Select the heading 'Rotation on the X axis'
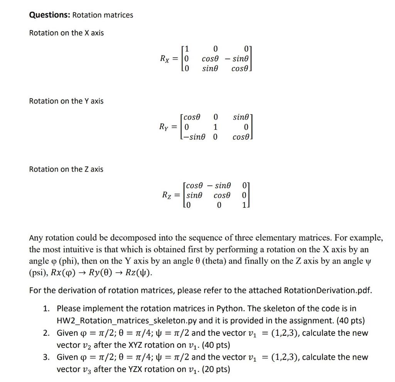click(x=66, y=33)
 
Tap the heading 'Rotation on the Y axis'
click(x=66, y=101)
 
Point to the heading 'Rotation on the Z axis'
click(x=66, y=169)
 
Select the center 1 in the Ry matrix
click(x=216, y=127)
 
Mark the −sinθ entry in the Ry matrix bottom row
click(x=194, y=137)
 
